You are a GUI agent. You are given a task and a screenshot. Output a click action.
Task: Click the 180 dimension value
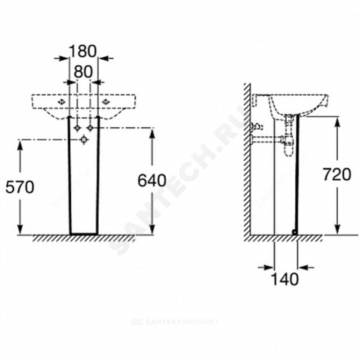tap(83, 51)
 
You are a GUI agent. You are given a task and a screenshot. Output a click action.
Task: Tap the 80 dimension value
tap(83, 71)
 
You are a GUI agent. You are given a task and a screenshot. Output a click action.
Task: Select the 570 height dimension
tap(20, 187)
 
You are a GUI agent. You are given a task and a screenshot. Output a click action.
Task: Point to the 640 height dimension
tap(152, 180)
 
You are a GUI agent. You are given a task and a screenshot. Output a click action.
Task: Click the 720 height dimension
tap(337, 175)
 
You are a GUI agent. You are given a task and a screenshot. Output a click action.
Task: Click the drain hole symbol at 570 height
tap(84, 140)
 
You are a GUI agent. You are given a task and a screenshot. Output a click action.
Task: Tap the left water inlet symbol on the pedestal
tap(77, 128)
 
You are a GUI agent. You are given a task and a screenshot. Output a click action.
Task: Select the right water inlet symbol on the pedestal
tap(90, 128)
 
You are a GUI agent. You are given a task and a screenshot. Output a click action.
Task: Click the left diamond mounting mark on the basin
tap(62, 102)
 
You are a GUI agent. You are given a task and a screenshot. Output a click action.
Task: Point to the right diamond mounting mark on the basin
tap(106, 102)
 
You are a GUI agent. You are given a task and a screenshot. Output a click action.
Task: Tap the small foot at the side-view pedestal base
tap(295, 233)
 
